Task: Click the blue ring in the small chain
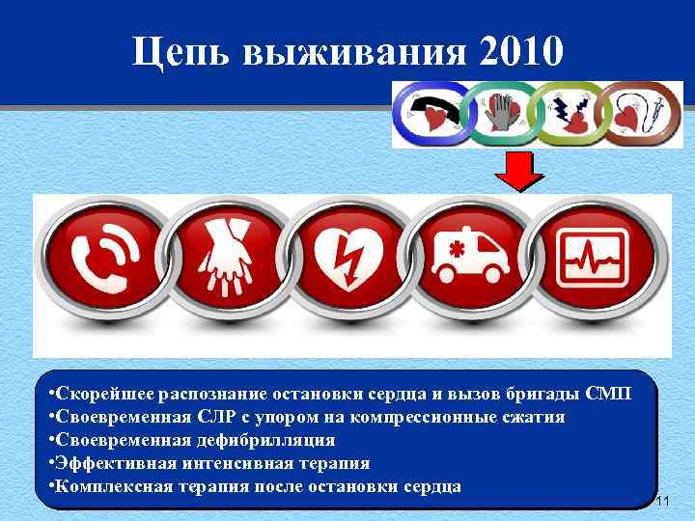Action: pos(431,114)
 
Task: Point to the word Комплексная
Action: pos(106,484)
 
